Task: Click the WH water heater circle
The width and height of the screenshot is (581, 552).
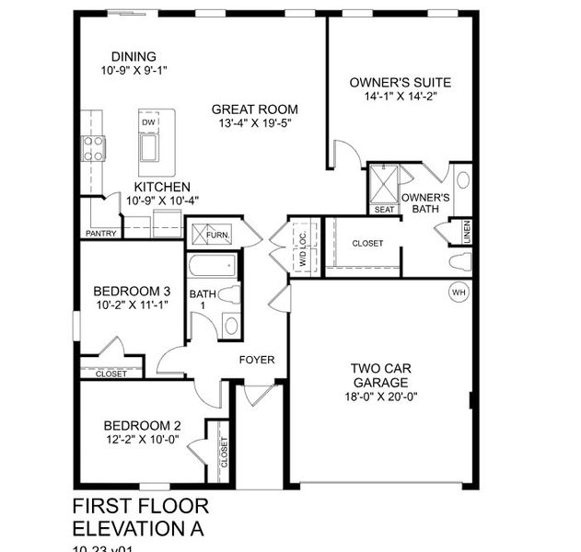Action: click(458, 293)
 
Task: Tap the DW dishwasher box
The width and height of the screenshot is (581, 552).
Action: click(148, 122)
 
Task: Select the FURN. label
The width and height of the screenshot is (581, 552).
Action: click(217, 236)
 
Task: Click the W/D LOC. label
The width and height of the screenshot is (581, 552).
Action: click(302, 247)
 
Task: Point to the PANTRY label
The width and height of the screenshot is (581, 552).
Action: click(100, 234)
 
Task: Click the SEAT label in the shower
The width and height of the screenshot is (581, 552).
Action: click(384, 209)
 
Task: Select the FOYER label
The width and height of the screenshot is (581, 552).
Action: click(257, 360)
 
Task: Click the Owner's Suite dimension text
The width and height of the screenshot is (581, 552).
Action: click(400, 97)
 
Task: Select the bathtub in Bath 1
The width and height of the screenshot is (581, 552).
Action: click(211, 268)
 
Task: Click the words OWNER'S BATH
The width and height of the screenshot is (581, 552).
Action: click(425, 203)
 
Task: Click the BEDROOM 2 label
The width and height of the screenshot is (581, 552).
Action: click(142, 425)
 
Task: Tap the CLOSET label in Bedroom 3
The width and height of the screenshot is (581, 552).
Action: click(111, 374)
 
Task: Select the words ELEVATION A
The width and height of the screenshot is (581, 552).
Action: click(136, 528)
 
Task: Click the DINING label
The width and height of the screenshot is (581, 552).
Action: click(134, 57)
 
